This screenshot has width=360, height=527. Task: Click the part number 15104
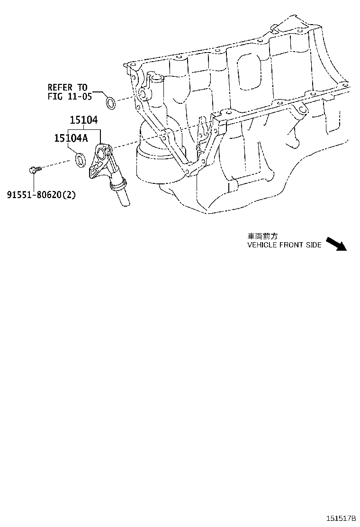(84, 121)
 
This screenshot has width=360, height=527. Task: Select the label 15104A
(71, 138)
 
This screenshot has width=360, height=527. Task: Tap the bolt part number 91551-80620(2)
(41, 194)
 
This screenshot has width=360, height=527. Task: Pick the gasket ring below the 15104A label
(81, 160)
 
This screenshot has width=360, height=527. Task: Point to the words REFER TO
(67, 87)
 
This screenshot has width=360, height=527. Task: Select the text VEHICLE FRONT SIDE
(284, 245)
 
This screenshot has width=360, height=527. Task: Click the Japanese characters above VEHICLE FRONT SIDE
(260, 236)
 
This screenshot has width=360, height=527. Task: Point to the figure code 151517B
(340, 518)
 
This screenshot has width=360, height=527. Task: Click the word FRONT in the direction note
(291, 245)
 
